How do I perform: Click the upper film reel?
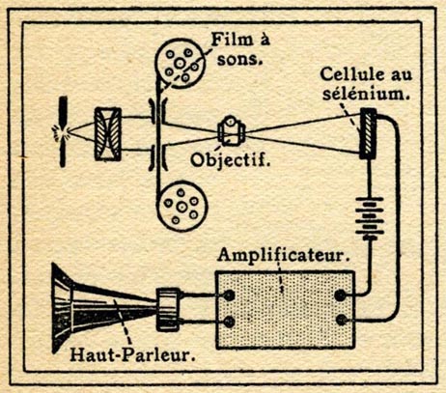180,63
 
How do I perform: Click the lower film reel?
182,206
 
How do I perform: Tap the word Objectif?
230,159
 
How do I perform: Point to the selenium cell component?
368,133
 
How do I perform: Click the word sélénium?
367,94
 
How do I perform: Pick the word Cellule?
352,74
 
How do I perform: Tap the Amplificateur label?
284,256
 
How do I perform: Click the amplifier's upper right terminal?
341,295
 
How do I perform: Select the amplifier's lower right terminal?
341,320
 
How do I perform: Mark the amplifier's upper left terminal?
229,295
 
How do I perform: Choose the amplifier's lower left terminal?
229,322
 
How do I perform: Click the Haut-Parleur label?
133,355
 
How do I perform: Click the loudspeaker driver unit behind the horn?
168,309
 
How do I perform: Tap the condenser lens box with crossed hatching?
108,134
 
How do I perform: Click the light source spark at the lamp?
62,132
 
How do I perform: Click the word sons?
239,60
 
